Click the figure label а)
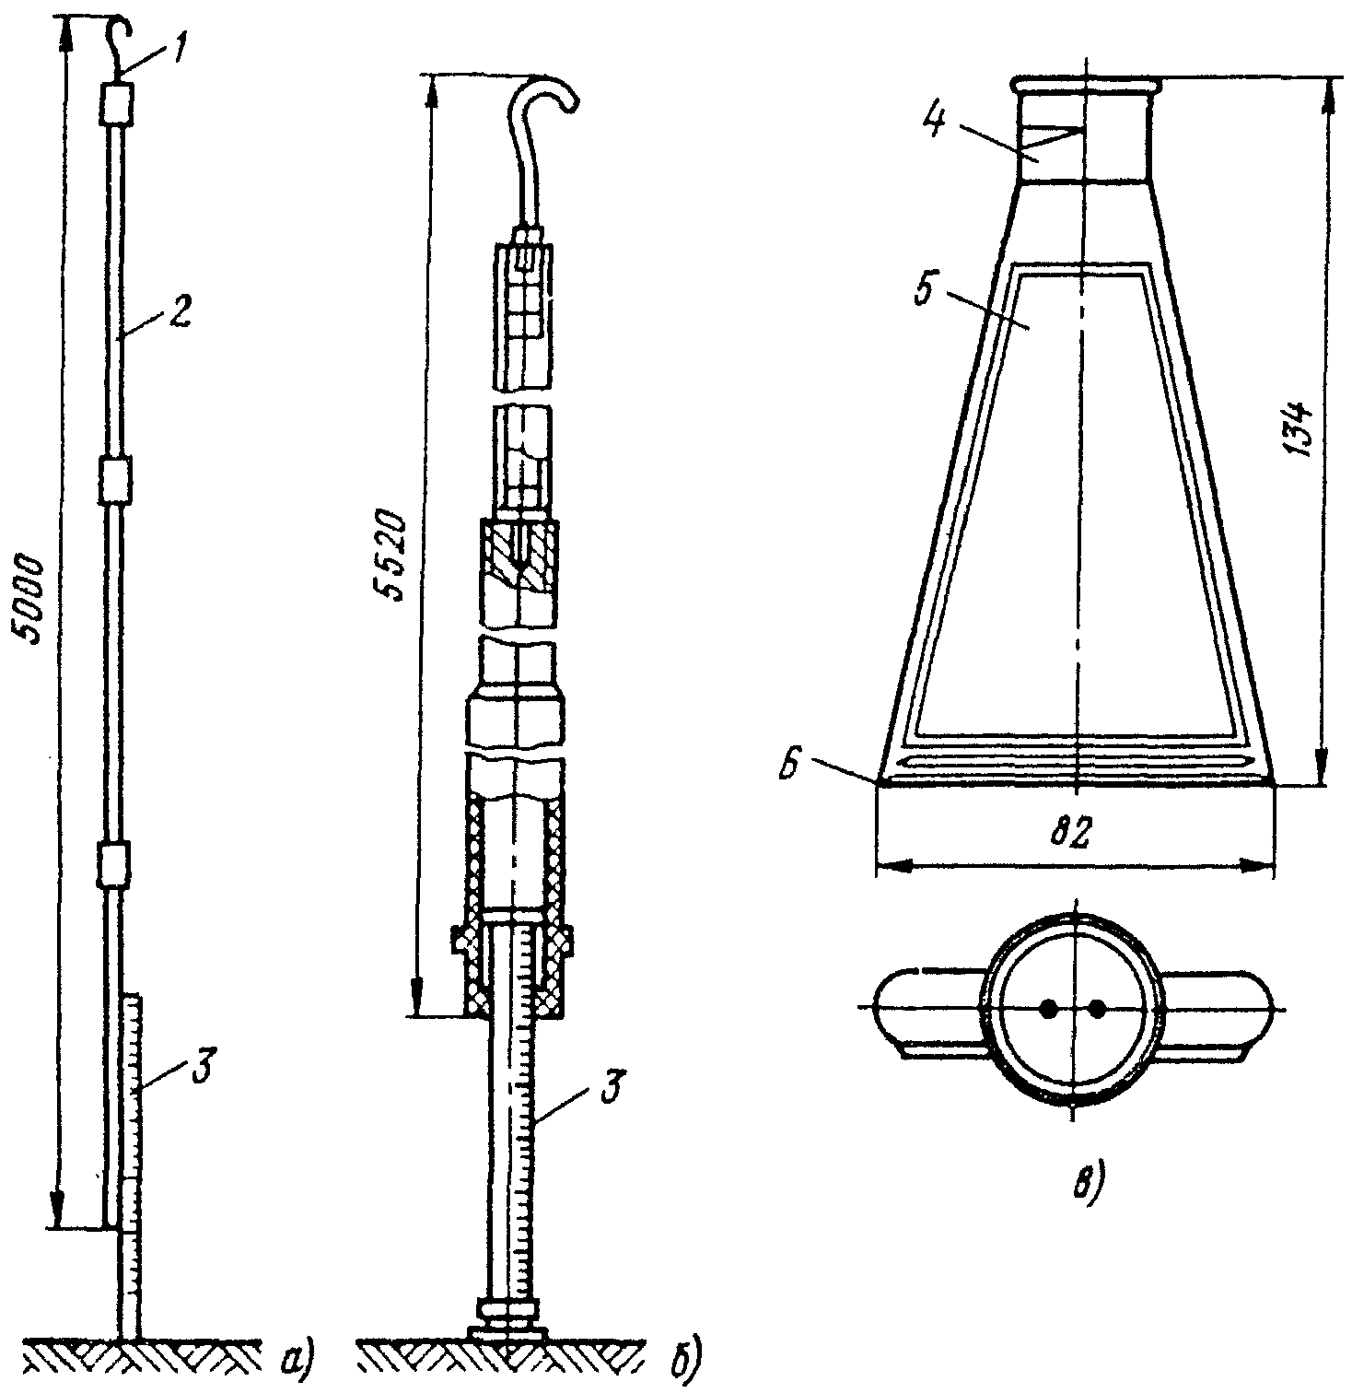coord(298,1357)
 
